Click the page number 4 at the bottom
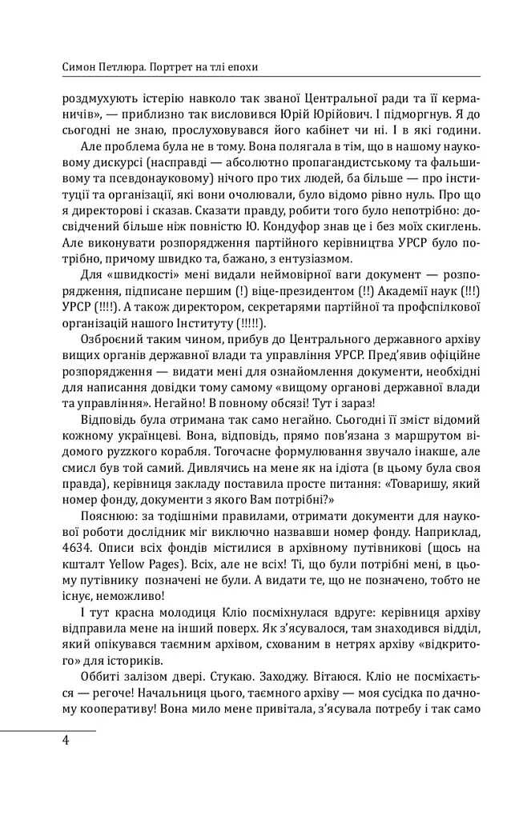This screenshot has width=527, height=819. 65,739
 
